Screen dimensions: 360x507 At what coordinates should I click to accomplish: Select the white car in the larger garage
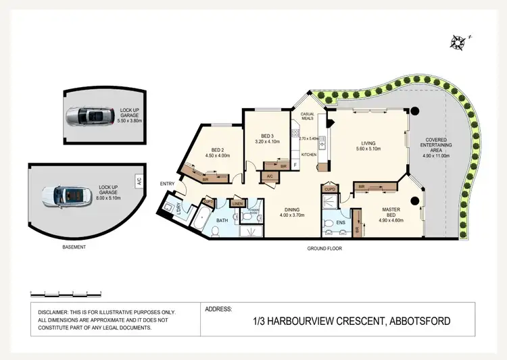coord(66,195)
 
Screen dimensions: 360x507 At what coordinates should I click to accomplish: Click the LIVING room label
coord(369,143)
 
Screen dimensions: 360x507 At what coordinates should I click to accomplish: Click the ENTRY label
coord(168,184)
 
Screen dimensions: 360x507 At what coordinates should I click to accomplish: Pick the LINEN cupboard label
coord(237,203)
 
